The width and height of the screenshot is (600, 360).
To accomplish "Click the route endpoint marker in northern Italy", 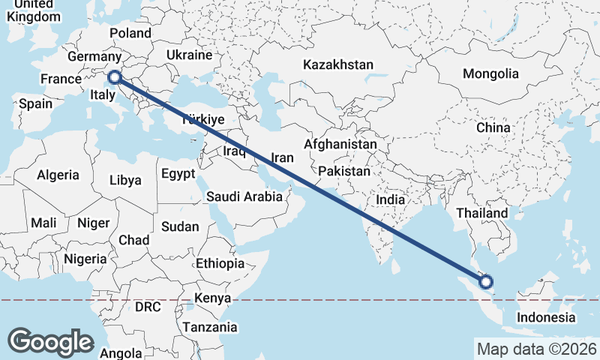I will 115,76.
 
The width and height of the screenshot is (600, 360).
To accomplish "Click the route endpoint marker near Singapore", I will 486,282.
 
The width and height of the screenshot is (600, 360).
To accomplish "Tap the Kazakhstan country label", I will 338,65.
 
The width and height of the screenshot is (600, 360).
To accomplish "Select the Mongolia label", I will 490,73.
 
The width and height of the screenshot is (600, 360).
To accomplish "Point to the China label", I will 493,127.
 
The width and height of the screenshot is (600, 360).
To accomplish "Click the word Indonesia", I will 545,317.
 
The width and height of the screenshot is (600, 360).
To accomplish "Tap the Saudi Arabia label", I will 244,197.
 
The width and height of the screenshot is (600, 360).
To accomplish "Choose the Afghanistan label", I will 340,144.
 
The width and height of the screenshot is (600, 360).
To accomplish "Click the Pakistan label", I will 344,172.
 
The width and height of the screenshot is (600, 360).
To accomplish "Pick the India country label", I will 390,200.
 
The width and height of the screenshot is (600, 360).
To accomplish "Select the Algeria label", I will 58,175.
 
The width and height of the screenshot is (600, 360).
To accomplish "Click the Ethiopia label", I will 220,264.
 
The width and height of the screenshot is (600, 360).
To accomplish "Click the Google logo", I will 50,342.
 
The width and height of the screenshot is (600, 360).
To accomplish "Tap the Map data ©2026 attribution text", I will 537,349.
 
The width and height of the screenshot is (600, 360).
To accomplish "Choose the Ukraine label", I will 190,55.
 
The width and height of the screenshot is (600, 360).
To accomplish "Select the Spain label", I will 36,104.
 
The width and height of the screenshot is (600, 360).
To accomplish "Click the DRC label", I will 148,307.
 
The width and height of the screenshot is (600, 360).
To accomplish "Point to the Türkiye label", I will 203,119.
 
